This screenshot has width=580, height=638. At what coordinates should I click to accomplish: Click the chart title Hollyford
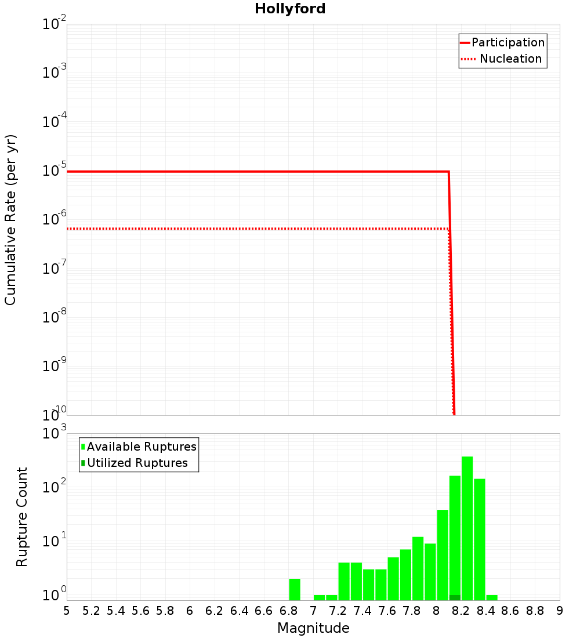point(290,9)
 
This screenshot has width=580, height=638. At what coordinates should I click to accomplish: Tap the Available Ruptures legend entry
point(142,447)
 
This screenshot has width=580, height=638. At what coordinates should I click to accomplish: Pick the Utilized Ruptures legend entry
point(137,463)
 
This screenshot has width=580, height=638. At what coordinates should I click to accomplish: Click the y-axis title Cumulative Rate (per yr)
point(10,220)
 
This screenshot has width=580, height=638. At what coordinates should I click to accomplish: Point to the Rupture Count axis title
point(22,517)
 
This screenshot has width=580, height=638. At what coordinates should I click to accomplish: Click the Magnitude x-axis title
point(313,628)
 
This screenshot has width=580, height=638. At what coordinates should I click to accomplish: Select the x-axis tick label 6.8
point(288,611)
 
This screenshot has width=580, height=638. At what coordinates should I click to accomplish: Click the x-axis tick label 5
point(67,611)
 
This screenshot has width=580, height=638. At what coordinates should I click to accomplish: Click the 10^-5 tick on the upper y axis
point(55,171)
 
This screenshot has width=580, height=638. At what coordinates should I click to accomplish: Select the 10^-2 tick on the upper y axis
point(55,24)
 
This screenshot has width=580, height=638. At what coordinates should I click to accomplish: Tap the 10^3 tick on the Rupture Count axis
point(55,433)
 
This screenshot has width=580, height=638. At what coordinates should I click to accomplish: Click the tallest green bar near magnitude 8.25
point(467,528)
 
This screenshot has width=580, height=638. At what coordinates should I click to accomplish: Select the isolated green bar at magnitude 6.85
point(295,589)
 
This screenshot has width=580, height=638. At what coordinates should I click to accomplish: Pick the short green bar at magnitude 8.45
point(492,597)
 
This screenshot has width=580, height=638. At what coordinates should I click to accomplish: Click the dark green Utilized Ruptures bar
point(455,597)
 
